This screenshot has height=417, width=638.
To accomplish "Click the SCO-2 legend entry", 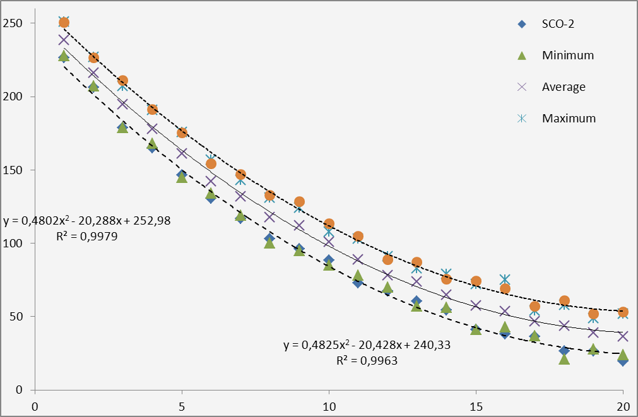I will (558, 24).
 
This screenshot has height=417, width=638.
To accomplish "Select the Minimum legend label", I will (568, 56).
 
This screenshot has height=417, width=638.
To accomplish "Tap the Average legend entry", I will (564, 87).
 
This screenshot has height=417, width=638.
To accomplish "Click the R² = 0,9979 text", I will (86, 237).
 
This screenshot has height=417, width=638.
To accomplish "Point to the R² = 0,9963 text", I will (367, 361).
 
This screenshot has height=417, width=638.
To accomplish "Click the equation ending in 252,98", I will (86, 221).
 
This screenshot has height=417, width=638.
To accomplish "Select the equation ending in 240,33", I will (367, 346).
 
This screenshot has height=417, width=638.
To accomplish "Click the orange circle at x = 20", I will (623, 312).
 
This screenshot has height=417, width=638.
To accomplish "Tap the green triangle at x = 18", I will (564, 359).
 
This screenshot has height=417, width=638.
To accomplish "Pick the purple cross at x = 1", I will (64, 40).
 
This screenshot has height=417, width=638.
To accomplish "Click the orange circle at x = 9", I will (299, 202).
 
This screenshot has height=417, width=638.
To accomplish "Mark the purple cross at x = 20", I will (623, 336).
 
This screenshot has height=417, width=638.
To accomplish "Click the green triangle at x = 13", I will (416, 306).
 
